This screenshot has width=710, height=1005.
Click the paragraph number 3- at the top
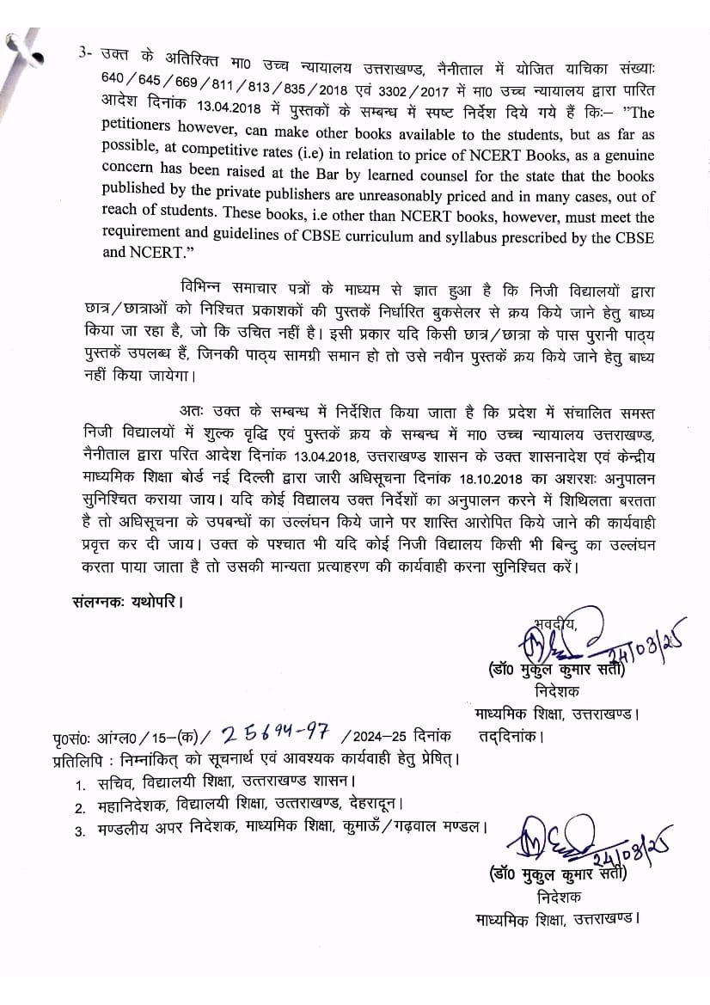[x=84, y=52]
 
